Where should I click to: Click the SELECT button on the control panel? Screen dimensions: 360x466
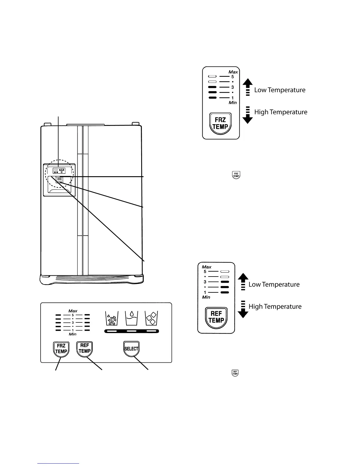click(131, 349)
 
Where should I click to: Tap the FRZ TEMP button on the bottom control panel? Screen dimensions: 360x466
click(61, 349)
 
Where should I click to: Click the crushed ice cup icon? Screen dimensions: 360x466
click(112, 318)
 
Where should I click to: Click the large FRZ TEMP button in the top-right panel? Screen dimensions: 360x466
click(221, 123)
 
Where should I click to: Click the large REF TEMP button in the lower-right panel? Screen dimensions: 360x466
click(216, 317)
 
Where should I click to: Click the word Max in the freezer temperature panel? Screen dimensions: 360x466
click(233, 72)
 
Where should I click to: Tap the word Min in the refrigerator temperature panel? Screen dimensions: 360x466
click(206, 297)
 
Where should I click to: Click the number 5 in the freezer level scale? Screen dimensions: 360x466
click(233, 77)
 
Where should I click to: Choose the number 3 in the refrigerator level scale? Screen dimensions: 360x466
click(205, 282)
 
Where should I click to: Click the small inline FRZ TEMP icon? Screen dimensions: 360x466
click(236, 175)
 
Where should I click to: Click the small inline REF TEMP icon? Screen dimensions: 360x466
click(235, 373)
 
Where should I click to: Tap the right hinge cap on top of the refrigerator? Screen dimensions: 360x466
click(135, 124)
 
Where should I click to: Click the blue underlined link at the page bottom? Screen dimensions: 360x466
click(58, 463)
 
